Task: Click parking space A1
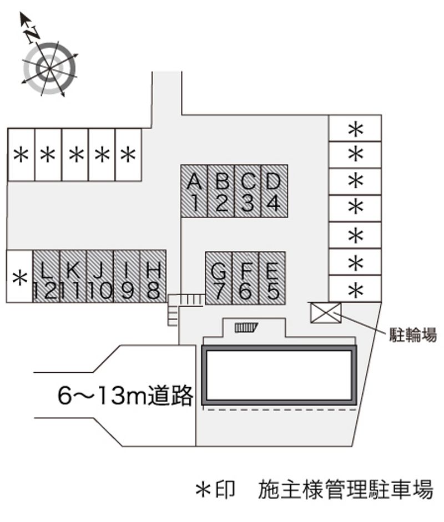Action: tap(194, 191)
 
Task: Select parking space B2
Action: tap(221, 191)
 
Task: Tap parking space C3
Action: tap(248, 191)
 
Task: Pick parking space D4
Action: tap(274, 191)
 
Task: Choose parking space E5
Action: tap(273, 278)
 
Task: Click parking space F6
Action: tap(245, 278)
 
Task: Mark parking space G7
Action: tap(219, 278)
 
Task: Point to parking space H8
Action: tap(153, 276)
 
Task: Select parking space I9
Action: tap(127, 276)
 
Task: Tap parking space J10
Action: tap(100, 276)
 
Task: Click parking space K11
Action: tap(73, 276)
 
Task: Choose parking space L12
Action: tap(47, 276)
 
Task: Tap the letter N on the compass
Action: tap(32, 33)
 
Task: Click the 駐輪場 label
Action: tap(411, 335)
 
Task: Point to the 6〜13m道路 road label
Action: tap(125, 396)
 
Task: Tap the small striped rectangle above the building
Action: tap(246, 327)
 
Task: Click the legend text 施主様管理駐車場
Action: tap(345, 489)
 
